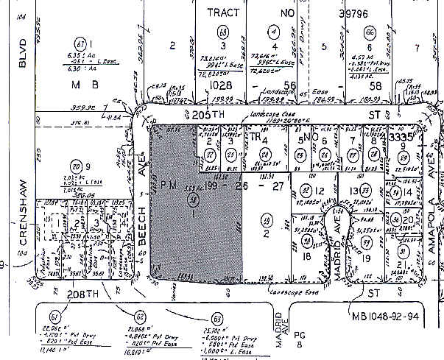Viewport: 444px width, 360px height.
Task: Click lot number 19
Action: coord(367,258)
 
